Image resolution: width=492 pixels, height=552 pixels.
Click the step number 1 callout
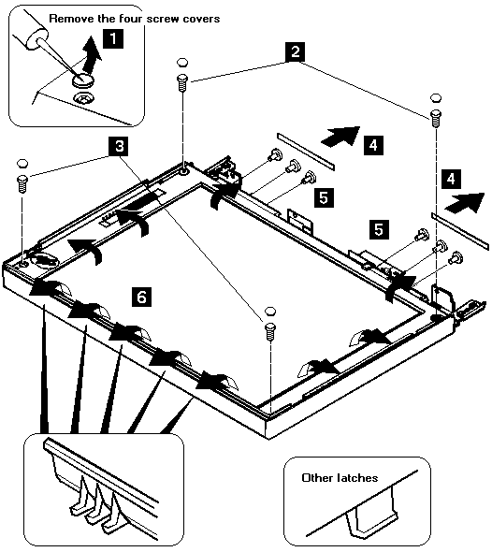(113, 38)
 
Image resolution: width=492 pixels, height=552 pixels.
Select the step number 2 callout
(296, 51)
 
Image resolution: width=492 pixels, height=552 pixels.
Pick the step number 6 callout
(141, 297)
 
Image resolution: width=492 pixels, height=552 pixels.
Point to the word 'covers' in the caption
(202, 19)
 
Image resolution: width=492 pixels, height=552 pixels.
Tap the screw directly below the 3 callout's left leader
(22, 183)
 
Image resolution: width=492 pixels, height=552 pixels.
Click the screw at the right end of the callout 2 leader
(435, 119)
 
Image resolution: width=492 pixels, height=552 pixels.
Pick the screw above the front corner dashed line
(270, 331)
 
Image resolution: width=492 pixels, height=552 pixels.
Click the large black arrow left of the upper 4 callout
(340, 136)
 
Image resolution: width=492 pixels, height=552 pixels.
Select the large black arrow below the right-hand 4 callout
(465, 203)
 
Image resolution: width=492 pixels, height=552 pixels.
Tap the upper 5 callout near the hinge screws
(324, 197)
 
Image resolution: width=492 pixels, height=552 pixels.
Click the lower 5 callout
(379, 229)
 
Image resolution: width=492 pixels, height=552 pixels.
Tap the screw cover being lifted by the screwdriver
(84, 80)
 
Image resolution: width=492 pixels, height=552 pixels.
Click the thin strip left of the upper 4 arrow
(306, 152)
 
